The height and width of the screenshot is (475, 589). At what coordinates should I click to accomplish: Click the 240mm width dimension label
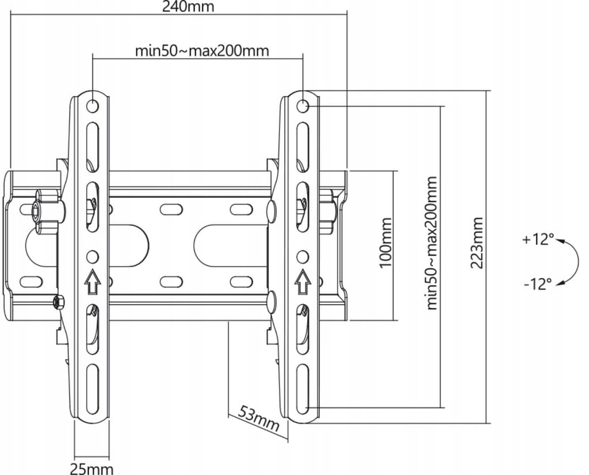click(x=188, y=7)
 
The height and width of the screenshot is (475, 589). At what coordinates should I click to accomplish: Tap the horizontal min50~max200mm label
click(x=202, y=51)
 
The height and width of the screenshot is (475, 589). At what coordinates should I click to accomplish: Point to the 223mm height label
click(x=477, y=242)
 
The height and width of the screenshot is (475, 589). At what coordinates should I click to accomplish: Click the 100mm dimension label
click(x=386, y=242)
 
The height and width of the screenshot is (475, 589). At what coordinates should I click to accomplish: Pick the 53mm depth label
click(x=259, y=419)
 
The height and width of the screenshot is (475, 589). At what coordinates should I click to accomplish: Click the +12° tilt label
click(x=538, y=239)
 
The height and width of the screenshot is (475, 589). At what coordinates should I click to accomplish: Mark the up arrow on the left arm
click(x=93, y=282)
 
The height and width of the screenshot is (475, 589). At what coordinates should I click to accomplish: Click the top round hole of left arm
click(x=93, y=106)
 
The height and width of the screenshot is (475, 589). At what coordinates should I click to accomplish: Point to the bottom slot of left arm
click(x=93, y=389)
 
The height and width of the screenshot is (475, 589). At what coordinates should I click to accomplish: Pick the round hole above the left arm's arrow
click(x=93, y=257)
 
